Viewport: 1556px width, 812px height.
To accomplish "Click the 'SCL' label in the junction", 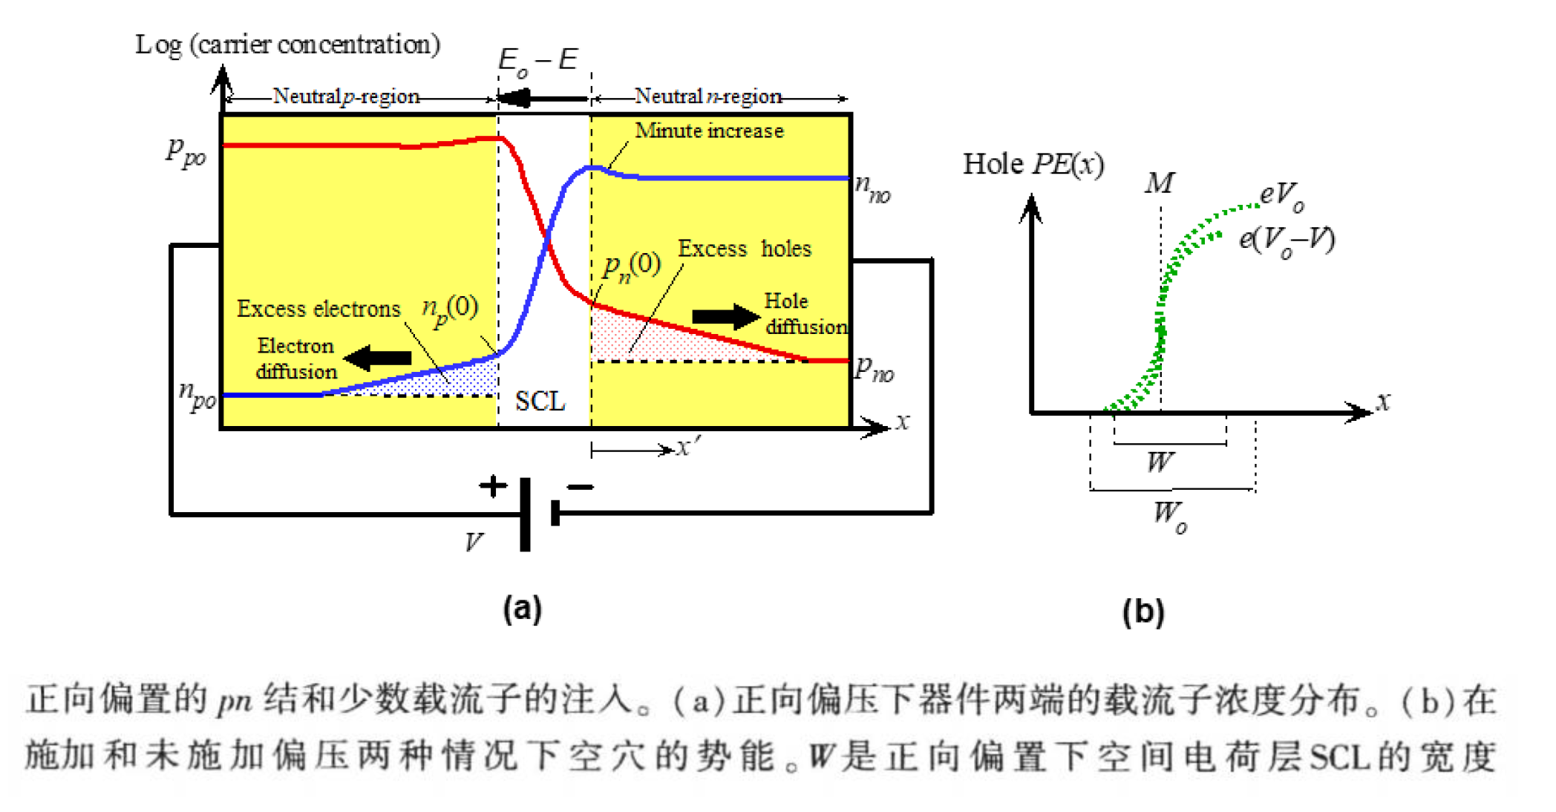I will pyautogui.click(x=540, y=402).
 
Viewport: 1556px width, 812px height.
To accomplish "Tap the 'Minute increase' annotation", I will pyautogui.click(x=709, y=131).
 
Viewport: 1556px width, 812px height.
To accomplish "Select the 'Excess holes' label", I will pyautogui.click(x=744, y=249).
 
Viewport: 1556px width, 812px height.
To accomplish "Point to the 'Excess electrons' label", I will pyautogui.click(x=318, y=309).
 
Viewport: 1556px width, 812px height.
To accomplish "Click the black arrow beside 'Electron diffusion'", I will pyautogui.click(x=379, y=358).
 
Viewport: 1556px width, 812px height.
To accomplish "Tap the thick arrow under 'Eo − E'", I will pyautogui.click(x=542, y=98).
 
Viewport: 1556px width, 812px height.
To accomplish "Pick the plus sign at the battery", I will pyautogui.click(x=493, y=486).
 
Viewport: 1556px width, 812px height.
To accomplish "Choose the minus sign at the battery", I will pyautogui.click(x=580, y=487).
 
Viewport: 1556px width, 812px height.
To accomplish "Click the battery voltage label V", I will pyautogui.click(x=474, y=543).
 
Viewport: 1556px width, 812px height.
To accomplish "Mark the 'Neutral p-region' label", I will pyautogui.click(x=346, y=96).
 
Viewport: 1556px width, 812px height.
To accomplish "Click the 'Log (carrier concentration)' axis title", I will pyautogui.click(x=287, y=45).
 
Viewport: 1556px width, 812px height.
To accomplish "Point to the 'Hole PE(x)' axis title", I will pyautogui.click(x=1033, y=164).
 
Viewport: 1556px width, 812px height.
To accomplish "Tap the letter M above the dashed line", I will pyautogui.click(x=1159, y=183).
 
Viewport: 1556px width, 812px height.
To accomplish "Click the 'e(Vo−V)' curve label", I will pyautogui.click(x=1287, y=240).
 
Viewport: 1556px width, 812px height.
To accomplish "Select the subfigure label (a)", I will pyautogui.click(x=522, y=609).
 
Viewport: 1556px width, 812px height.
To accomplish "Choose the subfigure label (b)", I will pyautogui.click(x=1143, y=612).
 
